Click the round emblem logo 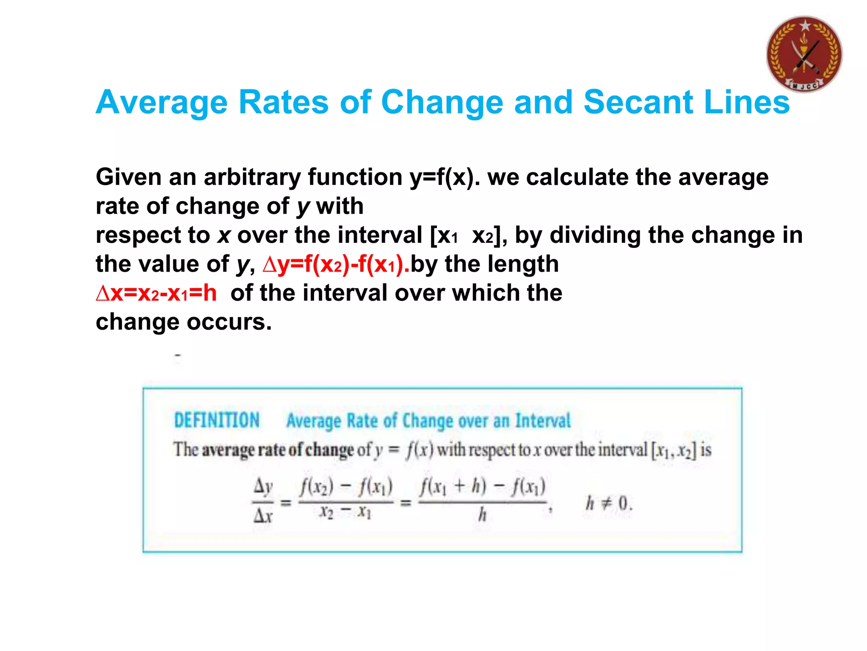click(804, 54)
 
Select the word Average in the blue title click(162, 102)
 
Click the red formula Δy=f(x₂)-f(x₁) click(336, 264)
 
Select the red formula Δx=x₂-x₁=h click(156, 293)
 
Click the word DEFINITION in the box click(217, 420)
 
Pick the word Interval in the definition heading click(543, 421)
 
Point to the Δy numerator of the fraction click(263, 487)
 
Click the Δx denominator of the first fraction click(263, 516)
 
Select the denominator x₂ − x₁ click(345, 513)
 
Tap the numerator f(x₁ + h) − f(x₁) click(483, 487)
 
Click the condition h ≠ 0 click(609, 504)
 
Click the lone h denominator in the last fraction click(482, 515)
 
